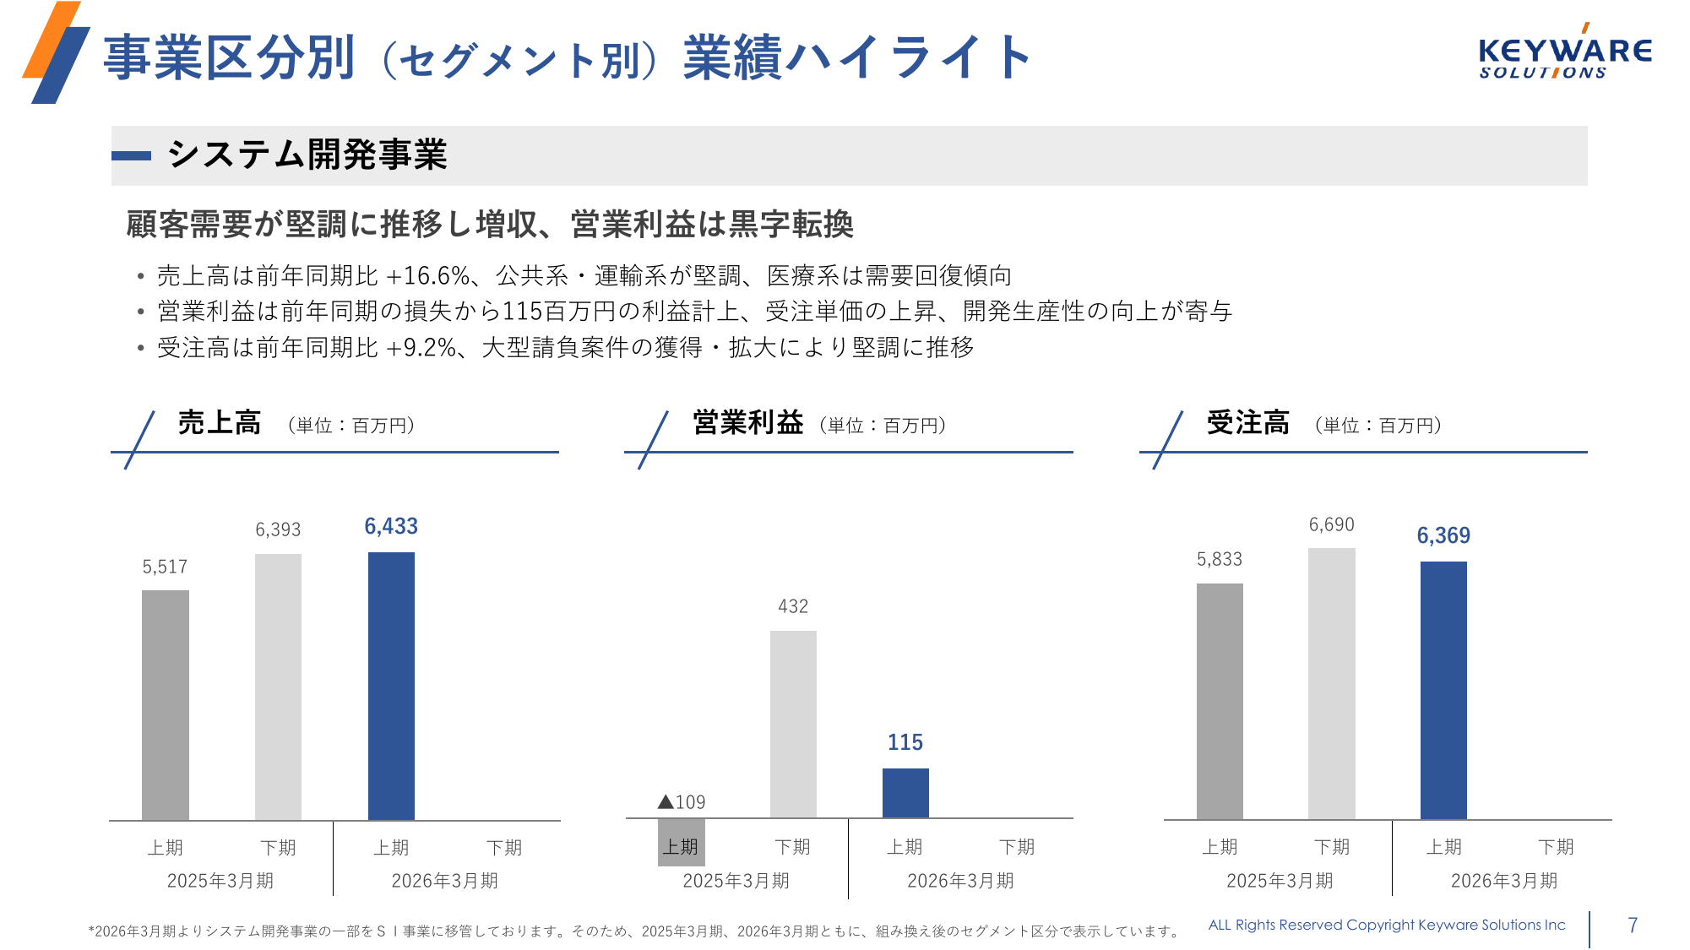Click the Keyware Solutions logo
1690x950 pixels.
1564,55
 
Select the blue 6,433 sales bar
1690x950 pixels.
391,686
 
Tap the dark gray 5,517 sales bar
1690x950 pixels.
166,704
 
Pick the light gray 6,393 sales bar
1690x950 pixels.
278,686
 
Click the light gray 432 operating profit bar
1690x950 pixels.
793,724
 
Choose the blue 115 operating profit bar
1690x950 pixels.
905,792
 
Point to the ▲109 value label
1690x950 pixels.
682,802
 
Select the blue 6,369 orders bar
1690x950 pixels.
1443,690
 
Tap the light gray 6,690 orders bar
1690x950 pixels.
1331,683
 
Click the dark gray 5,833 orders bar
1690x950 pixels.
1220,701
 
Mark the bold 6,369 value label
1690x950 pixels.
1443,535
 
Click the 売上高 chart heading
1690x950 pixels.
220,422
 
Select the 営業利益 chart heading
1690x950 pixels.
747,422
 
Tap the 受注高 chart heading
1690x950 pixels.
1247,422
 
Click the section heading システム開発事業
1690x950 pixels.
307,155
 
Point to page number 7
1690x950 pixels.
1633,926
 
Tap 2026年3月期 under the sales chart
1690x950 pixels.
445,881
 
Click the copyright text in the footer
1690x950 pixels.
1387,925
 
